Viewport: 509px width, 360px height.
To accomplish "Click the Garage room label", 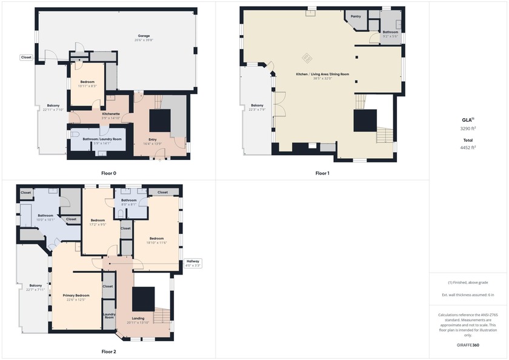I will tap(144, 36).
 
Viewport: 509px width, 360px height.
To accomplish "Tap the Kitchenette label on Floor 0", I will tap(110, 114).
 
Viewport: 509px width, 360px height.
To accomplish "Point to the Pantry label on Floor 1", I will tap(356, 16).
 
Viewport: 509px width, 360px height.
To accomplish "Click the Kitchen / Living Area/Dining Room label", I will tap(322, 74).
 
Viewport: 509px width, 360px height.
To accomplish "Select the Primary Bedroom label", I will tap(76, 295).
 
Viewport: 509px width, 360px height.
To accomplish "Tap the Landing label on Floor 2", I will tap(139, 318).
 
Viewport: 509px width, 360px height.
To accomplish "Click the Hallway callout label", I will tap(193, 261).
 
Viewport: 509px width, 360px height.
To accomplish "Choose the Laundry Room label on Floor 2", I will tap(109, 315).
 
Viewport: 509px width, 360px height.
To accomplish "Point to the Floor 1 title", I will tap(322, 173).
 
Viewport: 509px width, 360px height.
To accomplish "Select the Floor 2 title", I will tap(108, 352).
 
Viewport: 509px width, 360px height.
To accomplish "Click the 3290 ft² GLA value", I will tap(468, 128).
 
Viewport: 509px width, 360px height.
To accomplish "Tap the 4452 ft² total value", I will tap(468, 147).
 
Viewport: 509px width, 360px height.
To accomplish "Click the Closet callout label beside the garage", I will tap(26, 58).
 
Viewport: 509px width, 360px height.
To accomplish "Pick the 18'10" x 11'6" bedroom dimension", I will tap(156, 243).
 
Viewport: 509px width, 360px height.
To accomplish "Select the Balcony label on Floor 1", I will tap(257, 105).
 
